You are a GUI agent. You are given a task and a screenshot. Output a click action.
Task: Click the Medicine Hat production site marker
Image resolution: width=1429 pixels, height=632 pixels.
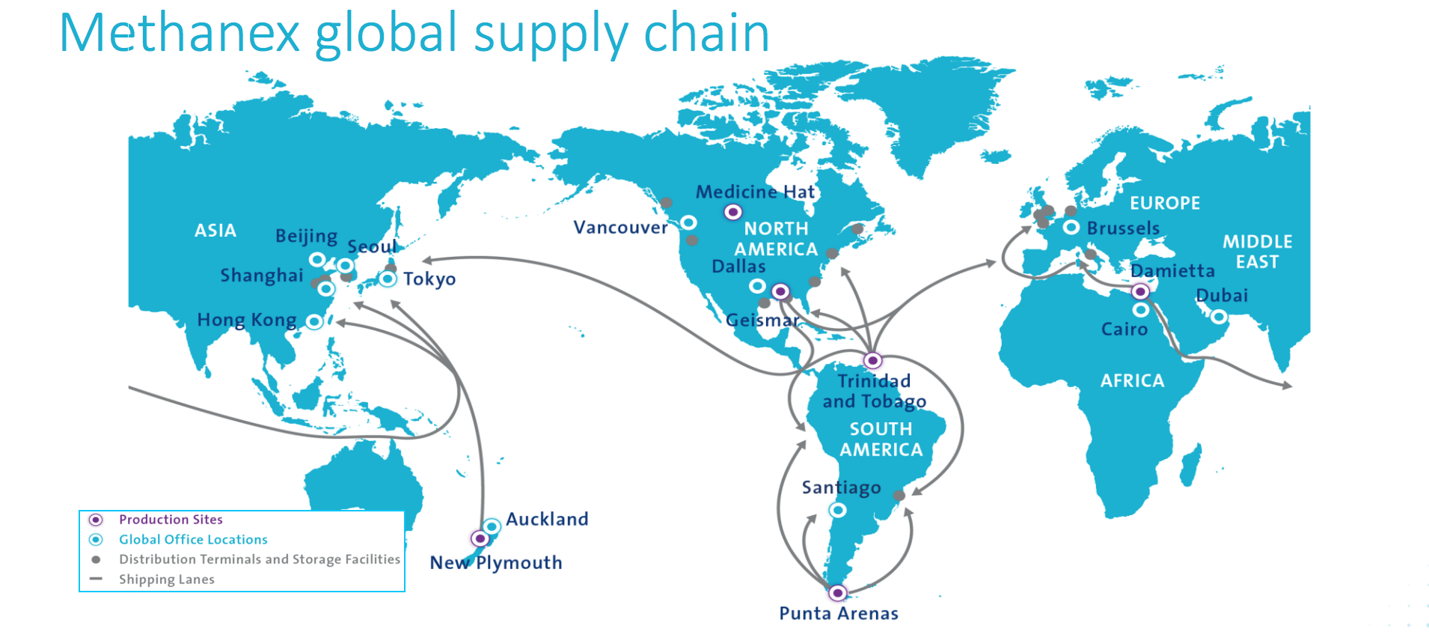tap(733, 212)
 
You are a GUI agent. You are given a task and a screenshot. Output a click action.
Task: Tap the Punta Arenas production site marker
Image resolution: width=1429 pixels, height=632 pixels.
tap(837, 593)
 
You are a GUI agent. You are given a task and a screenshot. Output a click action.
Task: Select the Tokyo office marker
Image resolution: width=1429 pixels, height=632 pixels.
tap(387, 279)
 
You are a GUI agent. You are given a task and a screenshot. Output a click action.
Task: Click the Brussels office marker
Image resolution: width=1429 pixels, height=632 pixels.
tap(1071, 227)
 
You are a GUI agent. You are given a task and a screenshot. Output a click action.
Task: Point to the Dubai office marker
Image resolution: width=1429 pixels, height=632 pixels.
tap(1219, 317)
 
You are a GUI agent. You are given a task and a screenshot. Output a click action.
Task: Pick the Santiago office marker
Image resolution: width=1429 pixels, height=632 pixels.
tap(838, 510)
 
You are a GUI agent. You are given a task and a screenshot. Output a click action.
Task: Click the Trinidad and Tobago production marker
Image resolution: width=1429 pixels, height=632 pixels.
tap(872, 360)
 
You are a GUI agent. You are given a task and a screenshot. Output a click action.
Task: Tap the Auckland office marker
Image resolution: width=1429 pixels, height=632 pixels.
tap(492, 526)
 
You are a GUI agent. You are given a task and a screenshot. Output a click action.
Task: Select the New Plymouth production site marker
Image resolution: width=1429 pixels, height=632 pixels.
tap(480, 538)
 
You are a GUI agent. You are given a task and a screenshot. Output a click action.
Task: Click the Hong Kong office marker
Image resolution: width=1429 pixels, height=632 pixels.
tap(314, 321)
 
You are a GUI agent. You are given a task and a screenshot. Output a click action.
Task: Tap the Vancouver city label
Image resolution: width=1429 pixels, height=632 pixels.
tap(620, 228)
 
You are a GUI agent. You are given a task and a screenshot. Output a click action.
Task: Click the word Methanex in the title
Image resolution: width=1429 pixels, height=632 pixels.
tap(180, 34)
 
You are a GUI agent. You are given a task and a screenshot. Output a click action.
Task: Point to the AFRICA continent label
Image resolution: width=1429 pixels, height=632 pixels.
tap(1132, 380)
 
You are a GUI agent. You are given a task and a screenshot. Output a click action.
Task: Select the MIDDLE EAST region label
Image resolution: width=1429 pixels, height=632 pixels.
tap(1257, 252)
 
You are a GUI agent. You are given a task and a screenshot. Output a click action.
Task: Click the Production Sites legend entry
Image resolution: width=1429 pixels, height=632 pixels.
tap(171, 520)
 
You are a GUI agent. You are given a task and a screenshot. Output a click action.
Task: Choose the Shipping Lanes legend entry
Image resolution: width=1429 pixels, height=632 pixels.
tap(166, 580)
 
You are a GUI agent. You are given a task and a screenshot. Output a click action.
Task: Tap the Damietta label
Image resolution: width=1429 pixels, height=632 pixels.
tap(1172, 270)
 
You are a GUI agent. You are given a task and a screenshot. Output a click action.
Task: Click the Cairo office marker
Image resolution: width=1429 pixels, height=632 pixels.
tap(1140, 309)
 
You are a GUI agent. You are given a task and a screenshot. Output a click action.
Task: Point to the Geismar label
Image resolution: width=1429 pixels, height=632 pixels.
tap(762, 320)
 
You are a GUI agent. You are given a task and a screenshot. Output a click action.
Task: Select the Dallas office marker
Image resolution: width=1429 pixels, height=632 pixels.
tap(757, 286)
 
